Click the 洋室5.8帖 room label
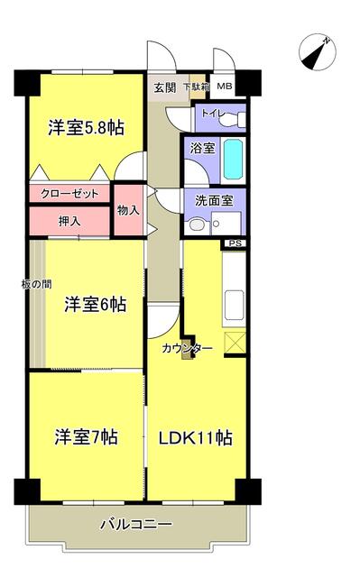tap(86, 128)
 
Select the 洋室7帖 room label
tap(86, 437)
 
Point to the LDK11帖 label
tap(197, 438)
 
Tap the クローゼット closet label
tap(69, 194)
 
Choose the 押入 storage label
tap(69, 220)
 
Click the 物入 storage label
tap(128, 210)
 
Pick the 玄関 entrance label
tap(164, 87)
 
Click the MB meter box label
tap(224, 87)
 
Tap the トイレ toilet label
tap(212, 114)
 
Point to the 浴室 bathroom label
tap(200, 148)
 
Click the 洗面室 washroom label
tap(203, 201)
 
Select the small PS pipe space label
tap(235, 243)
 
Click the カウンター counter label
tap(187, 348)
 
